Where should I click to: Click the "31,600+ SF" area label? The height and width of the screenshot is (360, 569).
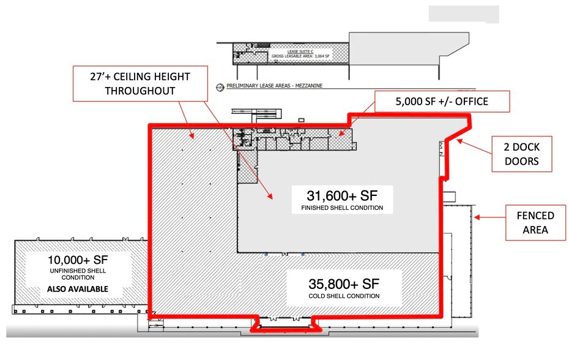click(342, 196)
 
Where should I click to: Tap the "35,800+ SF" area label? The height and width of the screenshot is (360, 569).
click(344, 283)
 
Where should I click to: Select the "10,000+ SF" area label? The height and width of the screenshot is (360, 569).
click(78, 260)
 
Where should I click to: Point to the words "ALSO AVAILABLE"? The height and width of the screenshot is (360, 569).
click(78, 289)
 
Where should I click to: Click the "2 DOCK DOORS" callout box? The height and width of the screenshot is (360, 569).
click(522, 154)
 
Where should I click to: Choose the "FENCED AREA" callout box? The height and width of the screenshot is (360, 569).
click(535, 223)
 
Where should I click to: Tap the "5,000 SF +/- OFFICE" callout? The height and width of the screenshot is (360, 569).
click(442, 102)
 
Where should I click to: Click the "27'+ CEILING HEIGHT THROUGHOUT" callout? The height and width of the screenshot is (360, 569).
click(140, 83)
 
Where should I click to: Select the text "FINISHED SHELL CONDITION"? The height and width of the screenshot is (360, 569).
click(342, 208)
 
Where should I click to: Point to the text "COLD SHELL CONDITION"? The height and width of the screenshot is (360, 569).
click(344, 296)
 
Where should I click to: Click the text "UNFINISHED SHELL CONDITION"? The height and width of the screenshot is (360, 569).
click(78, 274)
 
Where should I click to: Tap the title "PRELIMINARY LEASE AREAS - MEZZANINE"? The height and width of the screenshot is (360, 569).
click(274, 86)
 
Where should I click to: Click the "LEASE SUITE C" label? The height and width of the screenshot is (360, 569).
click(300, 51)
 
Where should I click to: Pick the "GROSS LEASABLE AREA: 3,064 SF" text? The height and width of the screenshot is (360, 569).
click(300, 56)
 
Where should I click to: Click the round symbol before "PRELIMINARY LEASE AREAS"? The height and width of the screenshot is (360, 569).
click(220, 87)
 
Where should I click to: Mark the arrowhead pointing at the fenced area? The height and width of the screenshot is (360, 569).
click(477, 217)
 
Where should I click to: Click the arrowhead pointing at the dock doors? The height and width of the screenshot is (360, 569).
click(459, 141)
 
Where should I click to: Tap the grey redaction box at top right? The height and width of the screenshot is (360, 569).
click(464, 14)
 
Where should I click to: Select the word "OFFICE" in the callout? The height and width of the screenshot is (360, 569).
click(471, 102)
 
